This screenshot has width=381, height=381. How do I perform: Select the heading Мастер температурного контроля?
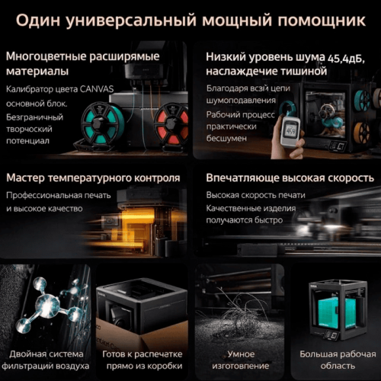93,178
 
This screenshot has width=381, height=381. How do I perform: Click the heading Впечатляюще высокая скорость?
287,178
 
